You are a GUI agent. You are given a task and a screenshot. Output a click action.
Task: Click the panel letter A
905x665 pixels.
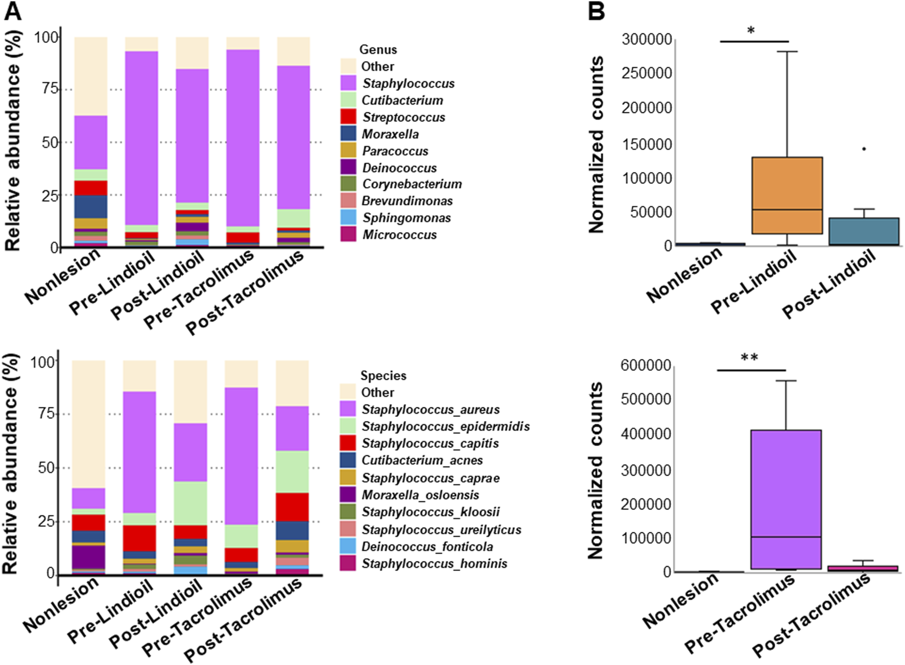[13, 11]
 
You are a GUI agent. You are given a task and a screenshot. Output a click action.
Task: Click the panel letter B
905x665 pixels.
[596, 11]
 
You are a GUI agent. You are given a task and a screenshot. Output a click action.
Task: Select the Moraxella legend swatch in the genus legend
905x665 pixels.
[348, 134]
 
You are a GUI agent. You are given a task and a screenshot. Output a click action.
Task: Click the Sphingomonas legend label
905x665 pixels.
[407, 218]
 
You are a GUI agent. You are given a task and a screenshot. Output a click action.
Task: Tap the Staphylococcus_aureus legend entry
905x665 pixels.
[431, 409]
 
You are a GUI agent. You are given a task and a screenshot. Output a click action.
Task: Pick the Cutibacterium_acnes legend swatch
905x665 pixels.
[348, 460]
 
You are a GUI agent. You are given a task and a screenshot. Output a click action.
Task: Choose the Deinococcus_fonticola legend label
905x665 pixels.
[427, 547]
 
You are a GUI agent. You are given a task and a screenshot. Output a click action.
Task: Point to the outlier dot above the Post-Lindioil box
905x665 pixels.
[864, 149]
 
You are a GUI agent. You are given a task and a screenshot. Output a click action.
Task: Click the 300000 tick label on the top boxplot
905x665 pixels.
[647, 39]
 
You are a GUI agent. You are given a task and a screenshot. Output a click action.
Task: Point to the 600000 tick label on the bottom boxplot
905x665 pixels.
[646, 365]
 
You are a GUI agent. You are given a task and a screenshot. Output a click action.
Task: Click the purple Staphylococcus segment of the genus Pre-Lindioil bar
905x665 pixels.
[141, 138]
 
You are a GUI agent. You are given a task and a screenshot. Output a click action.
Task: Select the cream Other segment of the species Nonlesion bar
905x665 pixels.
[88, 424]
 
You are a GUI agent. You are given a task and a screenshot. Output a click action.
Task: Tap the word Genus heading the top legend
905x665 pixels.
[378, 50]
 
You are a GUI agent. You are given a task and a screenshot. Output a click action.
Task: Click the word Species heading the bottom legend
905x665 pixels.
[383, 376]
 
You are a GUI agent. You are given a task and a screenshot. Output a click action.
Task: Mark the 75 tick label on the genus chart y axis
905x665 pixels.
[50, 89]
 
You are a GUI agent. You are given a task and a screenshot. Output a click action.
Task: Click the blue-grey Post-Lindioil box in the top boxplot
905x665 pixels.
[864, 231]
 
